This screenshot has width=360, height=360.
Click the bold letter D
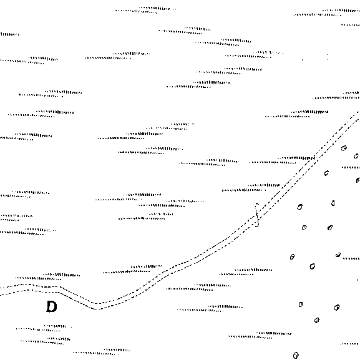(x=52, y=306)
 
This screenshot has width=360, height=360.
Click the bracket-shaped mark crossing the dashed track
(x=256, y=215)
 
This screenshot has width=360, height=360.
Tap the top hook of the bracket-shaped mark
(x=257, y=203)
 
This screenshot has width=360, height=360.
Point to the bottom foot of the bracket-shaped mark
(x=257, y=226)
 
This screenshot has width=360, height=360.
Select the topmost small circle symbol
(x=344, y=148)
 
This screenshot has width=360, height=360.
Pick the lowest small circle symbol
(x=296, y=355)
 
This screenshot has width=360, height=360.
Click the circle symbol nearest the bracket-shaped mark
(x=300, y=207)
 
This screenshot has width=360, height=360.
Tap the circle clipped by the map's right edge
(x=358, y=180)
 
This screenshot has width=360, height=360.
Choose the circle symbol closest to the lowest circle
(x=317, y=320)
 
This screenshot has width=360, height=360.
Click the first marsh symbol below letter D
(x=44, y=328)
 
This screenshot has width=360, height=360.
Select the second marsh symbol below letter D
(x=46, y=341)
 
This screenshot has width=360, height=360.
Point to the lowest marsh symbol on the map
(x=101, y=352)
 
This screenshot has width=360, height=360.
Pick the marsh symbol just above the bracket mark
(x=251, y=188)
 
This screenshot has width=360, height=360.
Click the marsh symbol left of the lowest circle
(x=260, y=335)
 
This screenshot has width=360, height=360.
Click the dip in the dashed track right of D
(x=97, y=306)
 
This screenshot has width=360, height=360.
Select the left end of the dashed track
(x=1, y=291)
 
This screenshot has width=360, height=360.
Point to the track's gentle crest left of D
(x=26, y=287)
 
